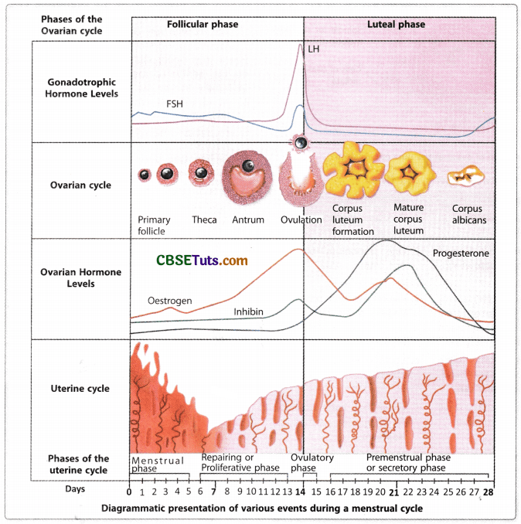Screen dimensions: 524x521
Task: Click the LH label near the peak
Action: pyautogui.click(x=313, y=49)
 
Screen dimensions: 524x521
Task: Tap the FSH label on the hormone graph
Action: pyautogui.click(x=175, y=103)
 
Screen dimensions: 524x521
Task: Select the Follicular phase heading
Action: pyautogui.click(x=203, y=25)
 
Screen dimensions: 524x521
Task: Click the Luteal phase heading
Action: pyautogui.click(x=396, y=25)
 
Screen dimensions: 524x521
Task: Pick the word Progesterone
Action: pyautogui.click(x=461, y=253)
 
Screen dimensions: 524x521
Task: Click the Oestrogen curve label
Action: pyautogui.click(x=170, y=300)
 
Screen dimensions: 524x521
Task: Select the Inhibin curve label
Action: pyautogui.click(x=248, y=311)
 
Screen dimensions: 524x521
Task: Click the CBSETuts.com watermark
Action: pyautogui.click(x=202, y=260)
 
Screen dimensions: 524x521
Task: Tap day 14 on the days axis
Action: pyautogui.click(x=301, y=492)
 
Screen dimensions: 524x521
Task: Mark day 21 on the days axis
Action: pyautogui.click(x=393, y=492)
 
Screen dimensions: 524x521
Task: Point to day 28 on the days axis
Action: pyautogui.click(x=489, y=492)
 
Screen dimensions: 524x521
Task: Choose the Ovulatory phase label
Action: pyautogui.click(x=312, y=463)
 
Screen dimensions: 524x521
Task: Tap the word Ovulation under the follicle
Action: pyautogui.click(x=301, y=219)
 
